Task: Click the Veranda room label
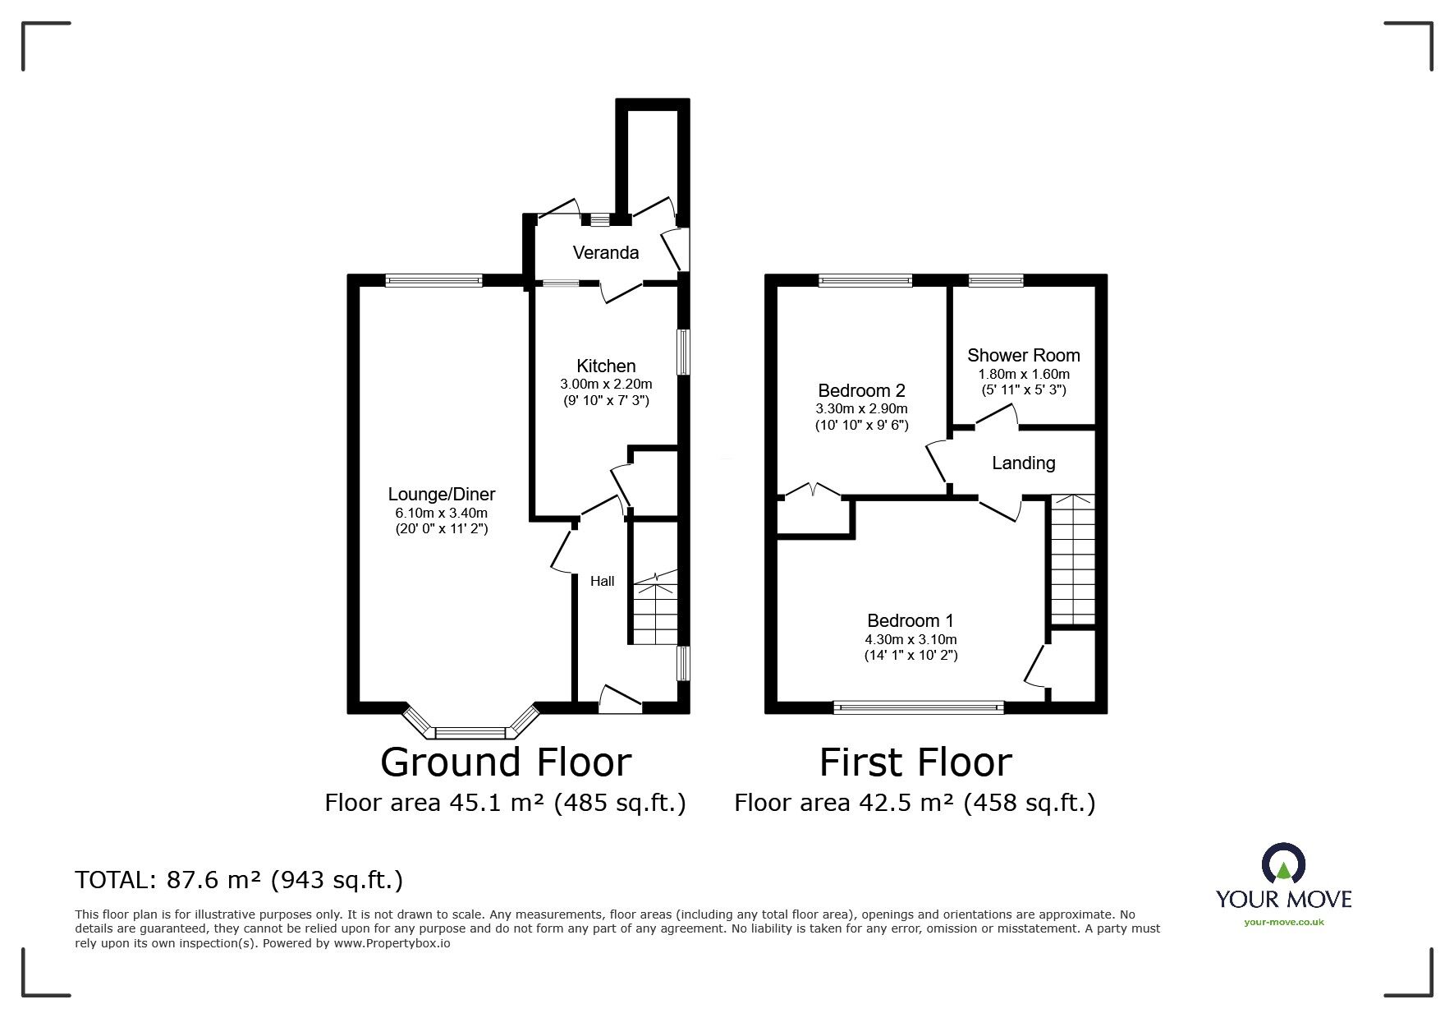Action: pyautogui.click(x=606, y=252)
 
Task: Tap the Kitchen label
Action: pyautogui.click(x=606, y=366)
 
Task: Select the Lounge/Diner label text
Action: pyautogui.click(x=442, y=495)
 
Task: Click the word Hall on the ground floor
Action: pyautogui.click(x=603, y=581)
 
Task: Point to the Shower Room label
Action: pyautogui.click(x=1023, y=356)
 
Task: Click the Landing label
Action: pyautogui.click(x=1023, y=463)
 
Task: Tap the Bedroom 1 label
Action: pyautogui.click(x=910, y=620)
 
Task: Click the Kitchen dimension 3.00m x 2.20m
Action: pyautogui.click(x=606, y=384)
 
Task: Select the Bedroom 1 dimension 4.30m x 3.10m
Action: pyautogui.click(x=910, y=639)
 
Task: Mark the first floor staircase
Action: pyautogui.click(x=1072, y=559)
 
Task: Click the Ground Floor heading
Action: pyautogui.click(x=506, y=762)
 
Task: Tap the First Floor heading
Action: pyautogui.click(x=915, y=762)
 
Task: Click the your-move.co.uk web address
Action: pyautogui.click(x=1284, y=922)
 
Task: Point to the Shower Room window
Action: pyautogui.click(x=996, y=280)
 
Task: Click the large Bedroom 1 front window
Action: pyautogui.click(x=919, y=706)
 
